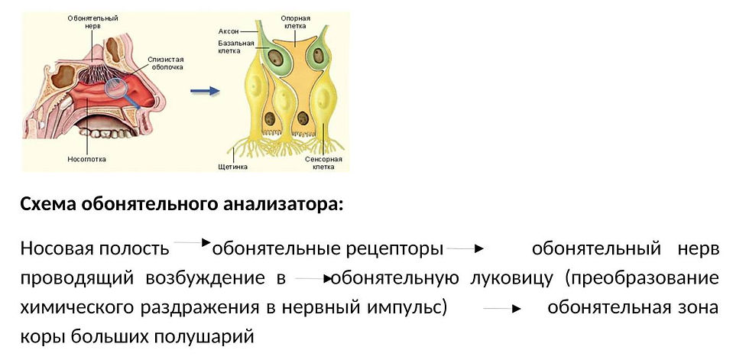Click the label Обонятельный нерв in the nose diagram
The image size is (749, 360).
tap(86, 21)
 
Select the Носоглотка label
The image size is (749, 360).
tap(86, 160)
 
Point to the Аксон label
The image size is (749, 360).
tap(229, 31)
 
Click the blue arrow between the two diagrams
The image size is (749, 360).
tap(204, 91)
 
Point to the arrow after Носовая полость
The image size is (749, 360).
tap(192, 244)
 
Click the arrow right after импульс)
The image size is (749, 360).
tap(502, 308)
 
